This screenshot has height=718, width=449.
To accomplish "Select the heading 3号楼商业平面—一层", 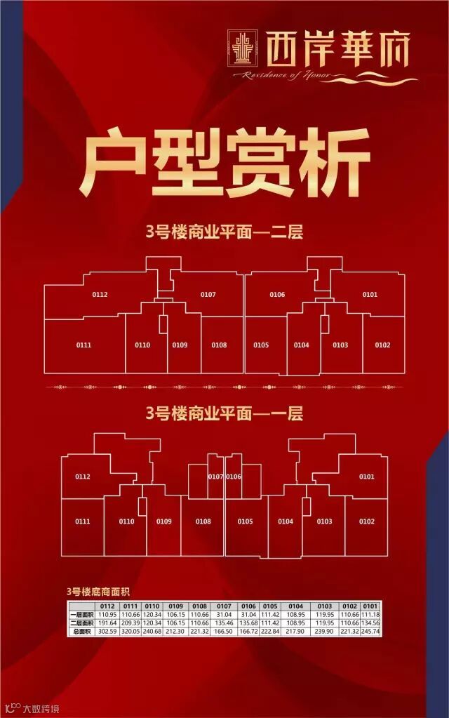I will tap(224, 413).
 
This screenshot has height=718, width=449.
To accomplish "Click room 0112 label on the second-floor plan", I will tap(100, 295).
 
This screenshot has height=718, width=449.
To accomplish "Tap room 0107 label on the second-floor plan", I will tap(208, 294).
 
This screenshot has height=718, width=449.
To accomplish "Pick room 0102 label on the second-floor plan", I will tap(382, 345).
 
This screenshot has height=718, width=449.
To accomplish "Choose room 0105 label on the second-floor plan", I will tap(261, 345).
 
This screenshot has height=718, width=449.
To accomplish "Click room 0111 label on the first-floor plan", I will tap(83, 521).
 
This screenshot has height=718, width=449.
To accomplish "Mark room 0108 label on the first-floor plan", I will tap(203, 521).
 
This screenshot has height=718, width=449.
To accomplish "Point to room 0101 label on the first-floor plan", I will tap(366, 477).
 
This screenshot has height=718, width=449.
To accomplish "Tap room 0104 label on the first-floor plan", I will tap(285, 521).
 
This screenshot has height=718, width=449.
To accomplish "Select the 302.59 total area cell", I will tap(108, 632).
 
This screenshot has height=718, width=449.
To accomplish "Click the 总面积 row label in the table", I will tap(82, 632).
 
